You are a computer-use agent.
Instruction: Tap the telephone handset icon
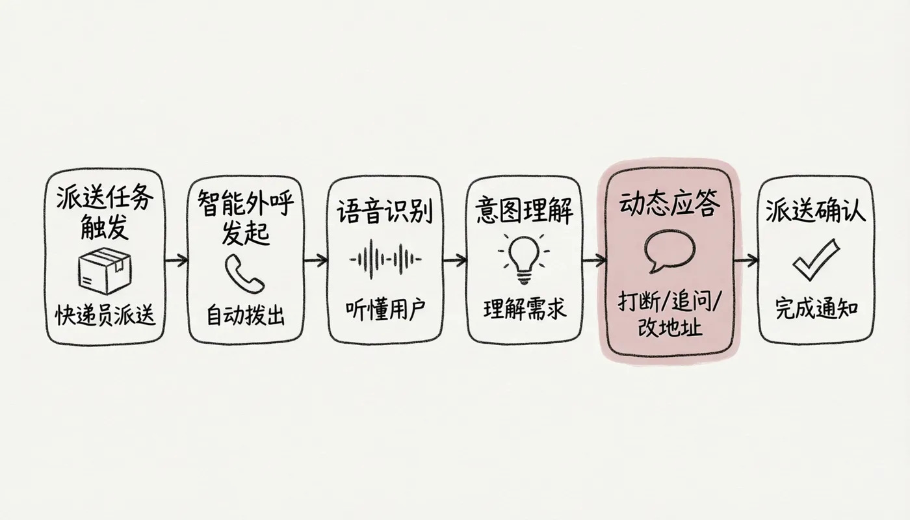(244, 273)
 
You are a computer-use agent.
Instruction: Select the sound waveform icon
(385, 259)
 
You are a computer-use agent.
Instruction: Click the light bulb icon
(524, 259)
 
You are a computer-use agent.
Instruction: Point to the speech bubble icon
(669, 251)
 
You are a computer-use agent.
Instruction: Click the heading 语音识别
(384, 211)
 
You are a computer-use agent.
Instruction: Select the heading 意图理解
(524, 211)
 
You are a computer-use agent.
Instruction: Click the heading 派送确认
(816, 210)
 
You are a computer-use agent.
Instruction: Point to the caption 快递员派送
(105, 315)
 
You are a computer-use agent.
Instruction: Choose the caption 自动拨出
(246, 315)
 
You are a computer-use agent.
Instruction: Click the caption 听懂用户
(385, 311)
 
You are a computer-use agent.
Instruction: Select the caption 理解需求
(525, 309)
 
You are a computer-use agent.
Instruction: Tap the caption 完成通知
(816, 309)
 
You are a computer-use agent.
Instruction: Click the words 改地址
(669, 326)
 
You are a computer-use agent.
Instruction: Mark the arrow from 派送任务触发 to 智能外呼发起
(176, 259)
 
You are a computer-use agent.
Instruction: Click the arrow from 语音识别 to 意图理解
(454, 260)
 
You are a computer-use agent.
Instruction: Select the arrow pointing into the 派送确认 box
(746, 260)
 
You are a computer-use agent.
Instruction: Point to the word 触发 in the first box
(105, 227)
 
